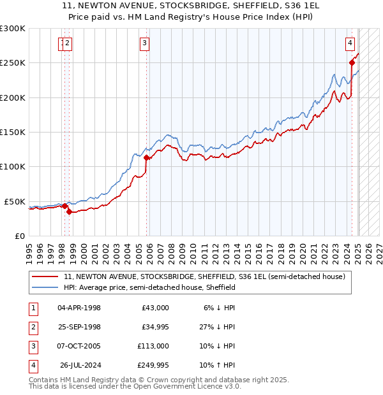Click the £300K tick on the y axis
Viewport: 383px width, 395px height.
point(13,29)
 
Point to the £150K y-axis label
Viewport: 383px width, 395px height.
point(13,133)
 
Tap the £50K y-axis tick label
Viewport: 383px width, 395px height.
point(15,201)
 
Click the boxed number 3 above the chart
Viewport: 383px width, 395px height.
point(145,43)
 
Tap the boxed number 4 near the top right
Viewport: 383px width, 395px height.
point(350,43)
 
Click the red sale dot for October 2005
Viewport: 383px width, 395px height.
point(147,157)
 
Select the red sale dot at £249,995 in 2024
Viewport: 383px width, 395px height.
point(352,62)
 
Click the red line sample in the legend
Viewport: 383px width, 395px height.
point(45,276)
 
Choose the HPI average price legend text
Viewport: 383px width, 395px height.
point(150,287)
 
